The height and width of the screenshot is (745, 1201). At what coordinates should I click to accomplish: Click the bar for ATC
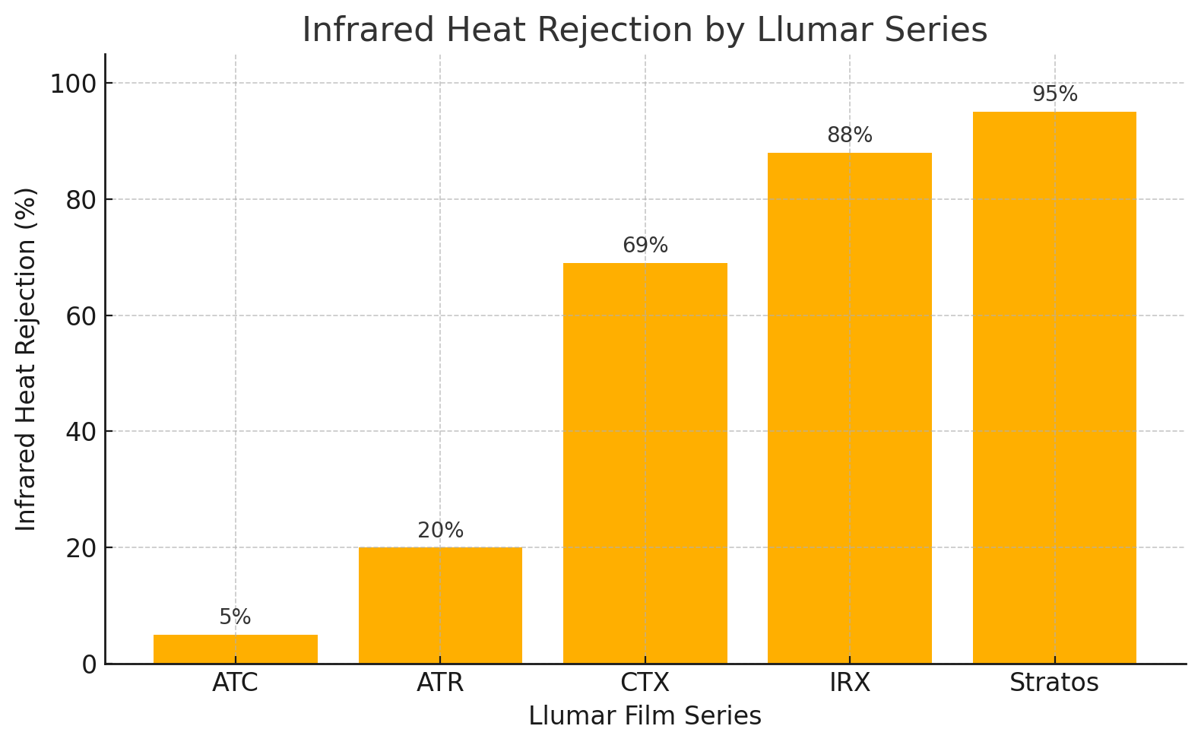pos(235,648)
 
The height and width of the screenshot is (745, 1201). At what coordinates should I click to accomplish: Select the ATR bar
pos(440,605)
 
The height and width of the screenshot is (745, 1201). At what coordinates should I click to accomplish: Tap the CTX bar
pos(645,463)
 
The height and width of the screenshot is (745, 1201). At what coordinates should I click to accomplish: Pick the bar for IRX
pos(849,407)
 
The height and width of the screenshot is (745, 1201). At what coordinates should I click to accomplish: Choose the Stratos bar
pos(1054,388)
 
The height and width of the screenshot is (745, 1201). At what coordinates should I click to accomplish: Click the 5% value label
pos(235,617)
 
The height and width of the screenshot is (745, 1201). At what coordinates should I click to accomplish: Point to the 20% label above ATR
pos(440,531)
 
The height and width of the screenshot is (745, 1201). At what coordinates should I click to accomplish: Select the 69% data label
pos(645,246)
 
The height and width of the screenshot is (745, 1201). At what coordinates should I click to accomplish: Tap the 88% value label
pos(849,135)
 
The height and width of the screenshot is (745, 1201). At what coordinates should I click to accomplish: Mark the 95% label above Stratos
pos(1054,94)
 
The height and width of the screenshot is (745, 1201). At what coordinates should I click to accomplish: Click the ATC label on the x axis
pos(235,683)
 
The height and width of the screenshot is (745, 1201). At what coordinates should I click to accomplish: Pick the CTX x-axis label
pos(645,683)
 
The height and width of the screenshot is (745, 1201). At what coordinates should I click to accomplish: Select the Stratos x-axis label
pos(1054,683)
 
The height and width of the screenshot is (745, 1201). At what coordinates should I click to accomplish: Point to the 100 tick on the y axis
pos(74,83)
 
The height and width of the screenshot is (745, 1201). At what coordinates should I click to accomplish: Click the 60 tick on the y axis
pos(81,315)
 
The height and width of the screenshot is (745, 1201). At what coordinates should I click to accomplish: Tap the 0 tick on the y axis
pos(90,664)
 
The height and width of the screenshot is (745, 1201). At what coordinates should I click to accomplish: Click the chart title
pos(645,30)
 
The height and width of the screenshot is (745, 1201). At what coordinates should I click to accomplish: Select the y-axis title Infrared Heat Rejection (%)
pos(27,359)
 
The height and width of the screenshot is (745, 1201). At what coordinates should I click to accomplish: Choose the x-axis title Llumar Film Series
pos(645,716)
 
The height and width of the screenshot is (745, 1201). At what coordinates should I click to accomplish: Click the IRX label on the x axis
pos(849,683)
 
